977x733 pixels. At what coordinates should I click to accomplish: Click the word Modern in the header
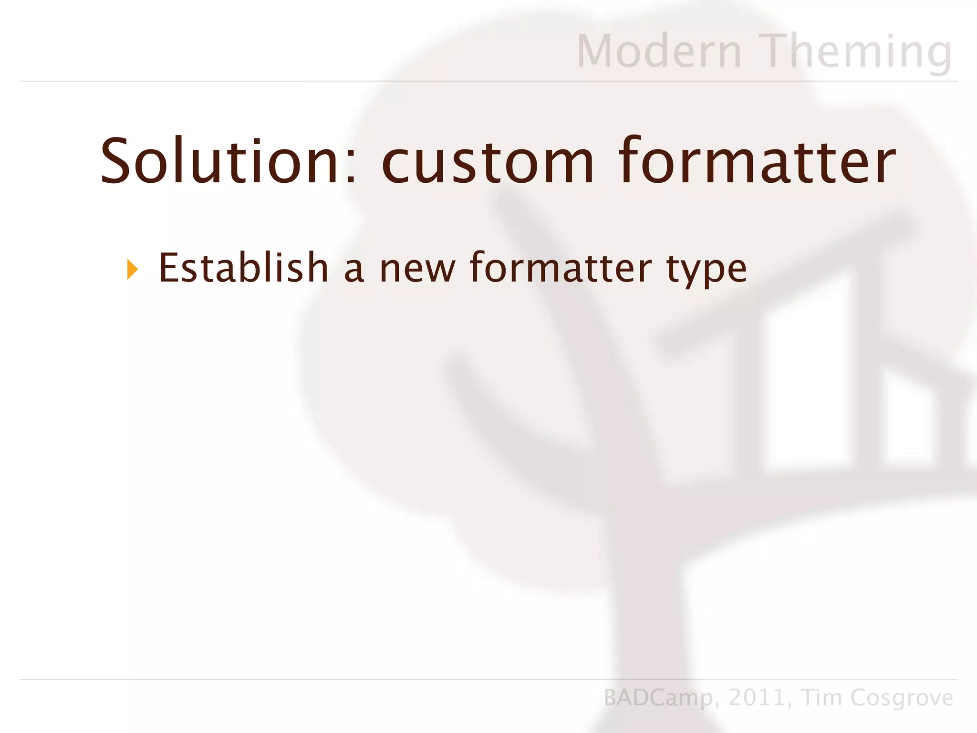659,51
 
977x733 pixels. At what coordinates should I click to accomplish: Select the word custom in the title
488,162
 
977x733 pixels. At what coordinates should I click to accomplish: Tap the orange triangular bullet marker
133,270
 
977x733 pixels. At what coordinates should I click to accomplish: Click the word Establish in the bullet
243,268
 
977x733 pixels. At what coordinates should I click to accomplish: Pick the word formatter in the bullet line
561,268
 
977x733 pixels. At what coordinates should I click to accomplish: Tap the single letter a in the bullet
353,271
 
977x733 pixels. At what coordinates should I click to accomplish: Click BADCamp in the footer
658,698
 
